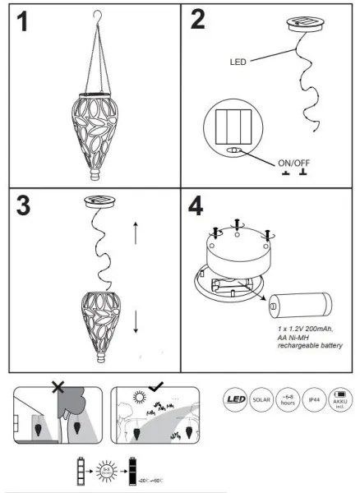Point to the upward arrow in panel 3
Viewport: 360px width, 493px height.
[x=136, y=234]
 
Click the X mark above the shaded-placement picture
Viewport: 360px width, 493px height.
[x=58, y=386]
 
